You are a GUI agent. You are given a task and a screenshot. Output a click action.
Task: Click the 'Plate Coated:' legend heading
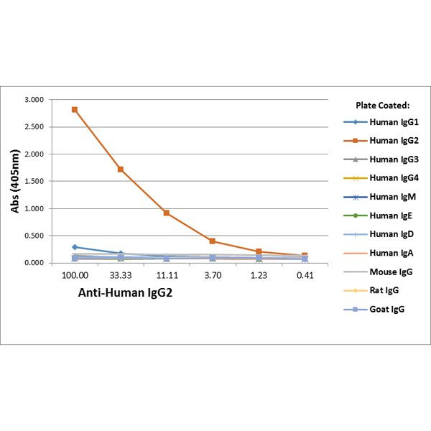382,105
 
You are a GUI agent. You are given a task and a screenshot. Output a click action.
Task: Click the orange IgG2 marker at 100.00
75,110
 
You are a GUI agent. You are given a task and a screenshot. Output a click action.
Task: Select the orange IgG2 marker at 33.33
121,170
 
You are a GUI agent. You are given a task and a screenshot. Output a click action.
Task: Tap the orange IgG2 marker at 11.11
167,213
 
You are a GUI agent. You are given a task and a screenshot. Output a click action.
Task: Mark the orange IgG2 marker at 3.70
213,241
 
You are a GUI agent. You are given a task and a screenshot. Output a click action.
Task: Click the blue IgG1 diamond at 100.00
75,247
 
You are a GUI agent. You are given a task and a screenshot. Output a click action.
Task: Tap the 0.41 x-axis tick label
305,275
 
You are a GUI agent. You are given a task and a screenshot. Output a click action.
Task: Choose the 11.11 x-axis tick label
167,275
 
